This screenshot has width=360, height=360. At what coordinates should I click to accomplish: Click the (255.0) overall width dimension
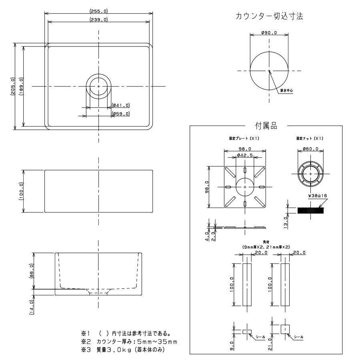click(x=99, y=11)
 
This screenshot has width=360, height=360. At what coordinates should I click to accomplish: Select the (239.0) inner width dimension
click(x=99, y=20)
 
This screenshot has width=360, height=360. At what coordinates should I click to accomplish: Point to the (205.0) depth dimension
click(x=12, y=86)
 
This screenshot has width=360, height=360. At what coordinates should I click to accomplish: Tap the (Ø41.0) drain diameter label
click(x=121, y=105)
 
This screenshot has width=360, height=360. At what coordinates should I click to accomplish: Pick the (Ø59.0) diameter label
click(x=121, y=114)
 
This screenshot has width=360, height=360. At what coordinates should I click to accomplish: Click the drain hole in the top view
click(x=98, y=86)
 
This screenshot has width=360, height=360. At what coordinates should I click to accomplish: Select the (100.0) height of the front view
click(x=21, y=191)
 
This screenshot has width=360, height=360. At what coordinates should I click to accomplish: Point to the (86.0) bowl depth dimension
click(x=32, y=271)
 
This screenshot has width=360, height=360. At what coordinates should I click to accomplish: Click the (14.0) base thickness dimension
click(x=32, y=307)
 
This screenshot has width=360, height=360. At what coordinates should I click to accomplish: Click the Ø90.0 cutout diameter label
click(x=269, y=33)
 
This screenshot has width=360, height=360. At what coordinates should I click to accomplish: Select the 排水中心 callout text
click(x=286, y=91)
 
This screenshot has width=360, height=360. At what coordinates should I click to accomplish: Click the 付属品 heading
click(x=266, y=126)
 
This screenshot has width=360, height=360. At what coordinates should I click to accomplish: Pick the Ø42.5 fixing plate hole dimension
click(x=244, y=155)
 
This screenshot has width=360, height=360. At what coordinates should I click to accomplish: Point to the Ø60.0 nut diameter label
click(x=310, y=149)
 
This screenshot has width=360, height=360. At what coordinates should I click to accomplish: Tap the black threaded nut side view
click(x=310, y=210)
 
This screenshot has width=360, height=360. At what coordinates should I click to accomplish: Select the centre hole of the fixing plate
click(x=244, y=186)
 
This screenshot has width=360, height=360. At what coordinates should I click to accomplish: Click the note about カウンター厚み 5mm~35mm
click(x=129, y=342)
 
